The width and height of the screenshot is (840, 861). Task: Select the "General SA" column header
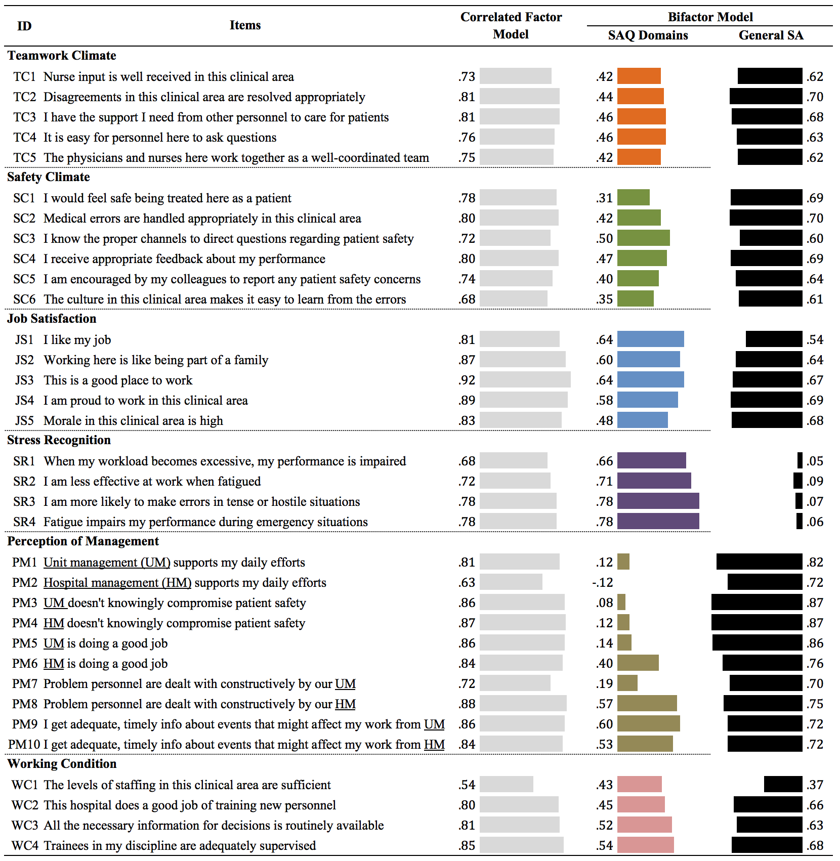click(x=771, y=35)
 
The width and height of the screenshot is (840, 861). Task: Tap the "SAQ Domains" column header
click(x=648, y=35)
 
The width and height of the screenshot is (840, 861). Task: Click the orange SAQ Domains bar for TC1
click(x=639, y=76)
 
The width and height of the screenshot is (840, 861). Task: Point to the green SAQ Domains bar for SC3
click(x=644, y=238)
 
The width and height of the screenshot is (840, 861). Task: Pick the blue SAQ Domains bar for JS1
click(x=651, y=339)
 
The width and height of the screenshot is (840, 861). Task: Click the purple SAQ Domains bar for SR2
click(x=654, y=481)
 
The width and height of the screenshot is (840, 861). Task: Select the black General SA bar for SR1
click(x=800, y=460)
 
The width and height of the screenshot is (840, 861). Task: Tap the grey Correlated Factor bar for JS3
click(x=525, y=379)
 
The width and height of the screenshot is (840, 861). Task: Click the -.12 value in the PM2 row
click(x=602, y=582)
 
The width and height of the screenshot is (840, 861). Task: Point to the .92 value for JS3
click(x=467, y=380)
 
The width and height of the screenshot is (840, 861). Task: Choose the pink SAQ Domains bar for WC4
click(x=646, y=845)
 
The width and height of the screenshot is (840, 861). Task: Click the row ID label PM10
click(x=24, y=744)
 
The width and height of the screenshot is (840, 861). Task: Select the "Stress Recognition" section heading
click(x=59, y=440)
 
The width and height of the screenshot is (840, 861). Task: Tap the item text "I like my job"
click(x=77, y=339)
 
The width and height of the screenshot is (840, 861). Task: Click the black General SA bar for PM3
click(x=757, y=602)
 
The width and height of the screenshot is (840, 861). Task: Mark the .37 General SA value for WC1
click(x=815, y=785)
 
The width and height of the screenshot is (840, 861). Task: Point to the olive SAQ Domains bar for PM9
click(x=649, y=723)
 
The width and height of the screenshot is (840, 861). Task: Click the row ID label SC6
click(x=24, y=299)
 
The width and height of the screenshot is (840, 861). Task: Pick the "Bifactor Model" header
click(x=710, y=17)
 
